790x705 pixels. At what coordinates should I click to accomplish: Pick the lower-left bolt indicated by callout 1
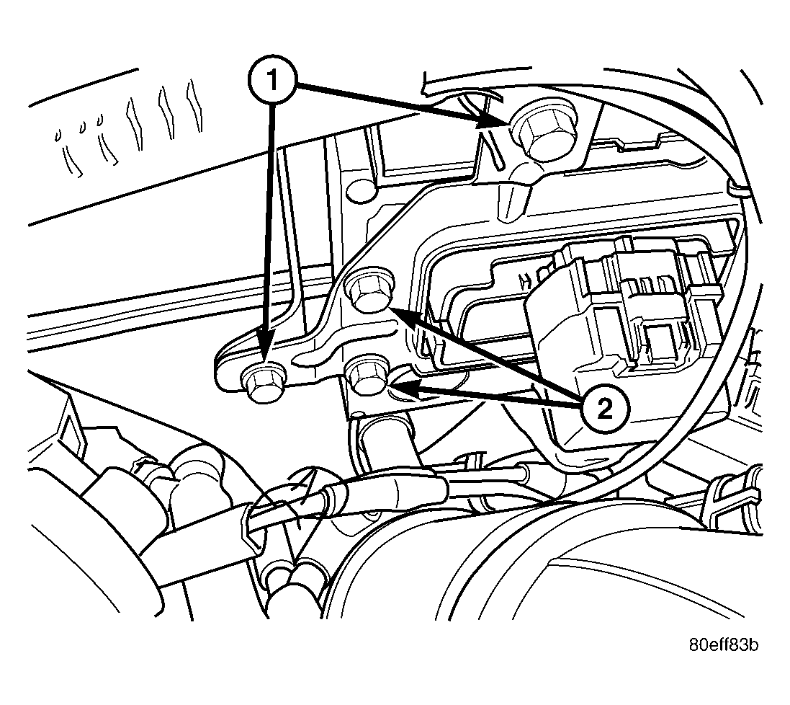[x=262, y=382]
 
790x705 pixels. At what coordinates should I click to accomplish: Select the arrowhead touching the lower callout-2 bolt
[x=406, y=389]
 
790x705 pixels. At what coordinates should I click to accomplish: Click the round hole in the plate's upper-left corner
[x=362, y=190]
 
